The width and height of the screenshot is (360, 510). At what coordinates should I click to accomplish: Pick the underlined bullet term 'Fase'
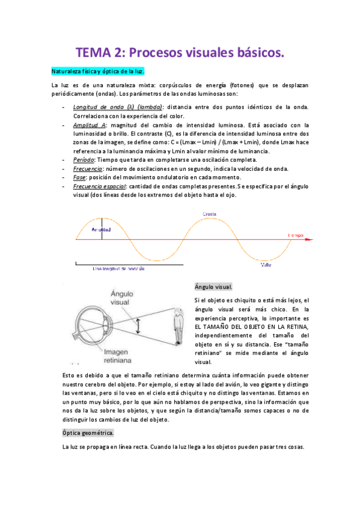coord(79,177)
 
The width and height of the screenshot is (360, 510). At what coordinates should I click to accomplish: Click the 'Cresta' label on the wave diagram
coord(209,214)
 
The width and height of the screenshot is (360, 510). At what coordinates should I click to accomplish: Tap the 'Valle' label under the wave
coord(266,263)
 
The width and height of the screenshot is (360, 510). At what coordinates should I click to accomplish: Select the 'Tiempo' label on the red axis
coord(296,235)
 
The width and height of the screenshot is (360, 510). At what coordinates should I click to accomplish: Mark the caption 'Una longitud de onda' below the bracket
coord(118,268)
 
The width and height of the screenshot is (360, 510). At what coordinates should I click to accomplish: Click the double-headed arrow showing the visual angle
coord(138,325)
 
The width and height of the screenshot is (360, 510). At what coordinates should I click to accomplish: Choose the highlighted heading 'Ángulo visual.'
coord(213,287)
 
